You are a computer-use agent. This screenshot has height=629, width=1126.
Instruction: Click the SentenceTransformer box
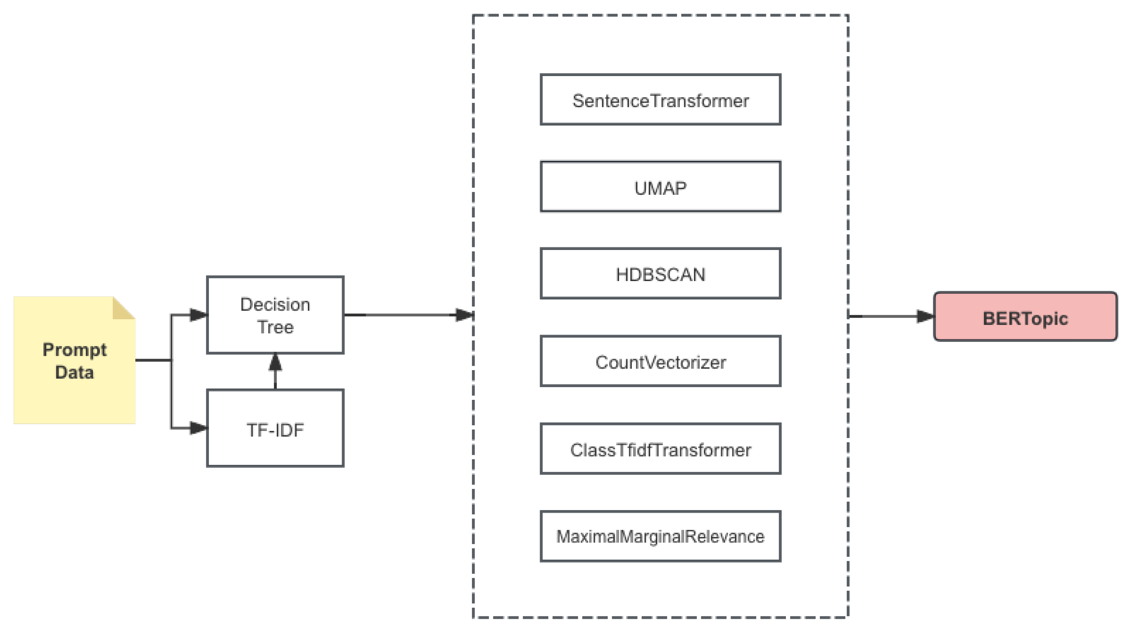660,100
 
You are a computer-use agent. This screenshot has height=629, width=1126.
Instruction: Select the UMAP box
660,187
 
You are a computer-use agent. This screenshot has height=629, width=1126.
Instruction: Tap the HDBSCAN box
660,274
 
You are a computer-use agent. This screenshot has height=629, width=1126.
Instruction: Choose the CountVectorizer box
660,361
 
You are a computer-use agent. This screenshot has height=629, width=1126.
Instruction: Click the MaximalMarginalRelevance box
660,536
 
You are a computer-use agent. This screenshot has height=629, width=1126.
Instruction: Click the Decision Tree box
275,314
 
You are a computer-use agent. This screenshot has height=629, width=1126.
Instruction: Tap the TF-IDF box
275,428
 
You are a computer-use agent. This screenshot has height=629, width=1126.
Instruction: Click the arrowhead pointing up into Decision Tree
275,362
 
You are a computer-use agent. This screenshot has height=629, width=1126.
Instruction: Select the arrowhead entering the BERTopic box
925,316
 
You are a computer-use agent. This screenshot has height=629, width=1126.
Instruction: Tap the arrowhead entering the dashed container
463,314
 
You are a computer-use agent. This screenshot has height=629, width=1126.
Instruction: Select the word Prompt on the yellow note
74,350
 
